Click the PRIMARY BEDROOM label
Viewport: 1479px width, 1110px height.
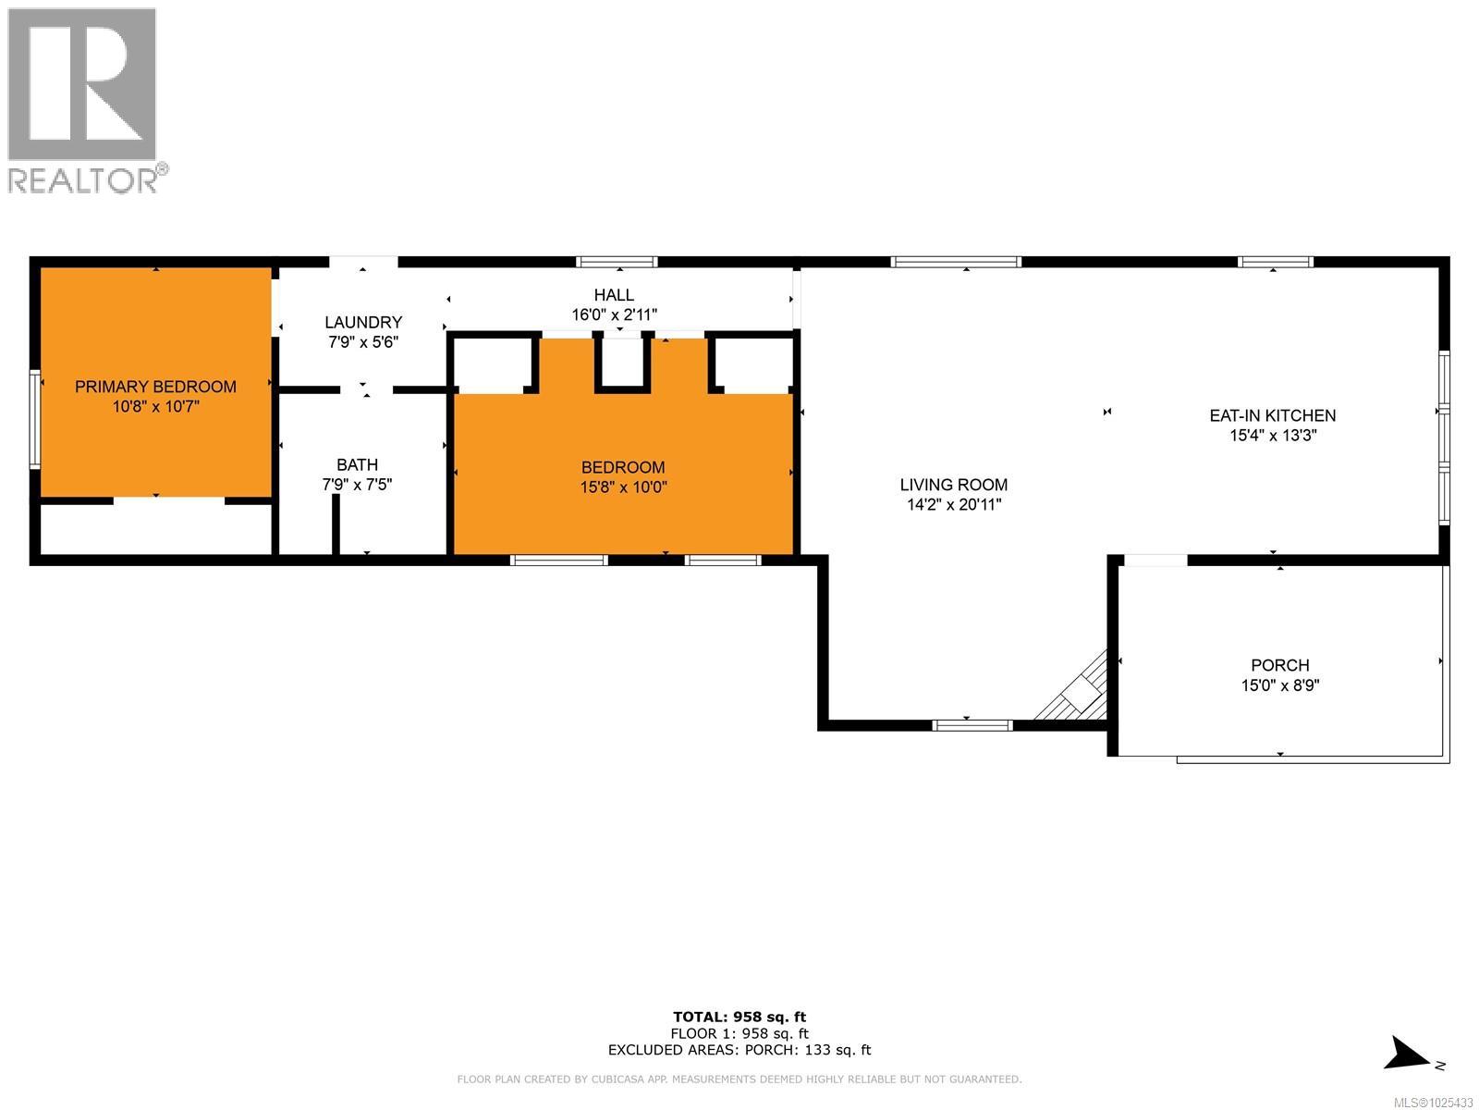tap(155, 387)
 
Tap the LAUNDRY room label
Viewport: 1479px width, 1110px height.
tap(363, 322)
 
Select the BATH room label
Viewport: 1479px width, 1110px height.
tap(357, 464)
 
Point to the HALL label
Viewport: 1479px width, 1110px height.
tap(614, 295)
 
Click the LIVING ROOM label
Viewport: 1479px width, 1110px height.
tap(954, 485)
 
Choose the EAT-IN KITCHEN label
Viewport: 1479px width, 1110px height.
tap(1273, 415)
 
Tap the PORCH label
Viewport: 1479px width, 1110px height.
tap(1279, 665)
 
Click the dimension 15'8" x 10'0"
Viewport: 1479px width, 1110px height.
tap(623, 487)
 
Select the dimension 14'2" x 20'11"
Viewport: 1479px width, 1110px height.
tap(954, 505)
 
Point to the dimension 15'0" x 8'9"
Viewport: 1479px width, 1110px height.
tap(1279, 685)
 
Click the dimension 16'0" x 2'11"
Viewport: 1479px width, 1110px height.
tap(614, 314)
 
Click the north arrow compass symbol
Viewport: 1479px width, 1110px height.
tap(1410, 1054)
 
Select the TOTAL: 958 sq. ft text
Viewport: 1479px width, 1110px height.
tap(739, 1017)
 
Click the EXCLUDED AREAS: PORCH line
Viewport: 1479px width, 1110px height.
tap(739, 1050)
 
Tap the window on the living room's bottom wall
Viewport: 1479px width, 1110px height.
tap(972, 725)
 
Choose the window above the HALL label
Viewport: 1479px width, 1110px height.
tap(617, 263)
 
